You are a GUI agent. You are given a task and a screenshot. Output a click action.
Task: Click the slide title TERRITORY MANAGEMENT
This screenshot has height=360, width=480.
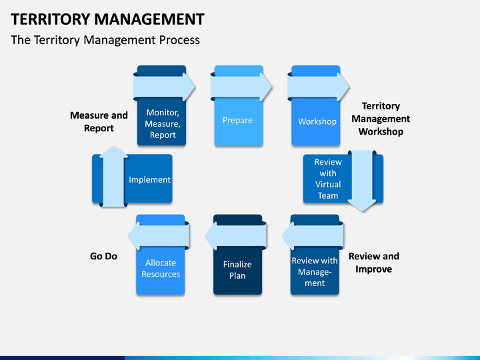coord(107,19)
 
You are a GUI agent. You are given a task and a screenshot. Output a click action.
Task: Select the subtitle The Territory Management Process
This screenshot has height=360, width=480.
coord(105,40)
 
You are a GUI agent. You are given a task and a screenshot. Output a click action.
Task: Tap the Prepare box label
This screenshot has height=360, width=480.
coord(237,120)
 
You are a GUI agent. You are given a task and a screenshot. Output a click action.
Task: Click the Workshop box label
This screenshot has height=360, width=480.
coord(317,121)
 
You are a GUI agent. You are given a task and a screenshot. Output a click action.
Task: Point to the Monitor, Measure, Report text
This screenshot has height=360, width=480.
coord(163,124)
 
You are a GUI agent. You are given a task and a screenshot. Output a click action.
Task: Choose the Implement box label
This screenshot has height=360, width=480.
coord(149,180)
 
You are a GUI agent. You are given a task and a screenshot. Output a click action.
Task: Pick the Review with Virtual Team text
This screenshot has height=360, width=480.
coord(328,179)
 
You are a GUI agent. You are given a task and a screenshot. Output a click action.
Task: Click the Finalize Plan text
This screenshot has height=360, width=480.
coord(237,270)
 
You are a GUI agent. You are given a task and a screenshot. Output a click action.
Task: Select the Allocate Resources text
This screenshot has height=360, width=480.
coord(161,269)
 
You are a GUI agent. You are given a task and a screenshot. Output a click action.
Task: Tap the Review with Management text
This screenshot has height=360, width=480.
coord(315,272)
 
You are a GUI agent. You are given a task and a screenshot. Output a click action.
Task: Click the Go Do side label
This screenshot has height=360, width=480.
coord(103,256)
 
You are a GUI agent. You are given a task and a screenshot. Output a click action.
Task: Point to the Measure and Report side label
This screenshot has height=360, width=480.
coord(99,121)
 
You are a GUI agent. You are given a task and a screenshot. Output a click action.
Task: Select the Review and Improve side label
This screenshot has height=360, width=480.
coord(374,263)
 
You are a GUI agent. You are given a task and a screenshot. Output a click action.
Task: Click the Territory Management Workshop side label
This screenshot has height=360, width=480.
coord(381,119)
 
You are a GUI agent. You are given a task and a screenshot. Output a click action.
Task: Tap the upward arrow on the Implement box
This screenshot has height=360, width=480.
coord(113,176)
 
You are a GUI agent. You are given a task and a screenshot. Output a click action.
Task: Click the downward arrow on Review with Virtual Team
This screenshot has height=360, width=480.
coord(362,181)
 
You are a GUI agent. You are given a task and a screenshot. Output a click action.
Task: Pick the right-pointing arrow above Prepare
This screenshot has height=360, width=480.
coord(241,87)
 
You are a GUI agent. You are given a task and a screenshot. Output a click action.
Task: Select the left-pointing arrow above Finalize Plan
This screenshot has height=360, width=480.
coord(236,236)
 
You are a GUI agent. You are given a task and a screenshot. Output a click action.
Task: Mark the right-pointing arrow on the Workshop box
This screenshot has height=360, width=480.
coord(318,87)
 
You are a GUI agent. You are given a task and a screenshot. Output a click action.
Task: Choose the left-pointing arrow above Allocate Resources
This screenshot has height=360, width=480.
coord(159,236)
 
